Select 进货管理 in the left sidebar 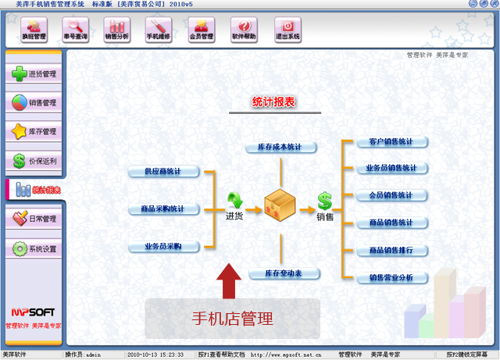tap(34, 74)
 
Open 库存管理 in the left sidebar tap(34, 132)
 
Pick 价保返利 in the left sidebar tap(34, 162)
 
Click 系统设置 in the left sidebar tap(34, 249)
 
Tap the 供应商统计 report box tap(163, 172)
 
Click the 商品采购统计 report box tap(163, 209)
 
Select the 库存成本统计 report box tap(280, 147)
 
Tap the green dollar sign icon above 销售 tap(324, 201)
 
